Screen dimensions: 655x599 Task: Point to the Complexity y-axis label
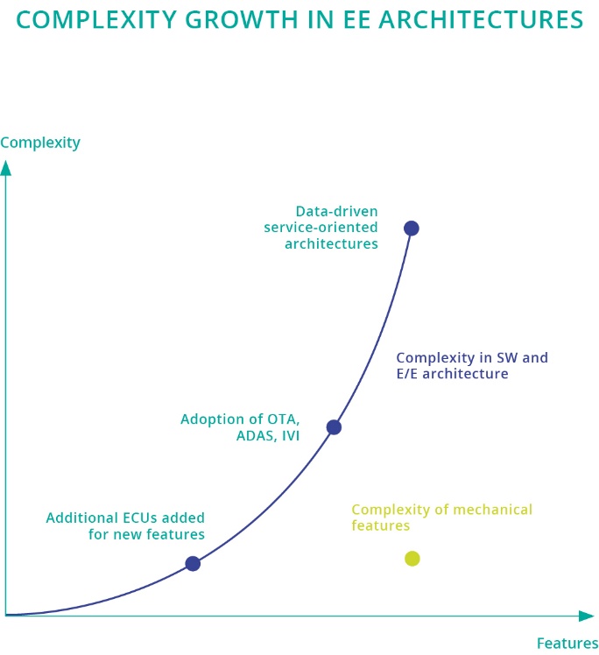click(40, 142)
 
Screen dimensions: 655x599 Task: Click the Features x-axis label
click(567, 643)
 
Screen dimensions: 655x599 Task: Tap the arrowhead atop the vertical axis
click(6, 166)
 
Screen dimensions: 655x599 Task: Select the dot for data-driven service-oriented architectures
click(411, 229)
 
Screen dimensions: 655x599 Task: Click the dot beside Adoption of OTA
click(334, 427)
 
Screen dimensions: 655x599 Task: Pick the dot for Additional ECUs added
click(193, 564)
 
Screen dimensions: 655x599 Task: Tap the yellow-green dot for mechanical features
click(412, 558)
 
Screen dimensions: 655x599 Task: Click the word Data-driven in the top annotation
click(337, 211)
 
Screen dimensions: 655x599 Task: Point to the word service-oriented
click(321, 228)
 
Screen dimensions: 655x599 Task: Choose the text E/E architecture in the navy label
click(452, 374)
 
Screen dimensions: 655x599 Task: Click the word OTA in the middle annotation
click(281, 419)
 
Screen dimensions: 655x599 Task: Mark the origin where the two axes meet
click(6, 615)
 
